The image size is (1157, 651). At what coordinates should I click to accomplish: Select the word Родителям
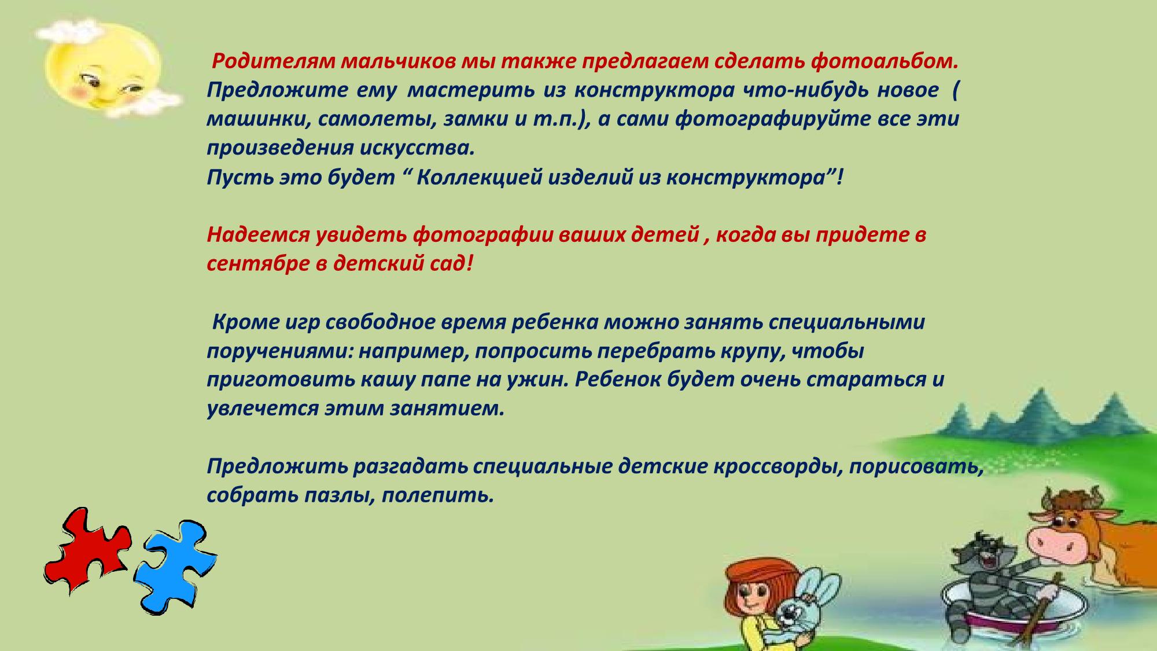point(274,61)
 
